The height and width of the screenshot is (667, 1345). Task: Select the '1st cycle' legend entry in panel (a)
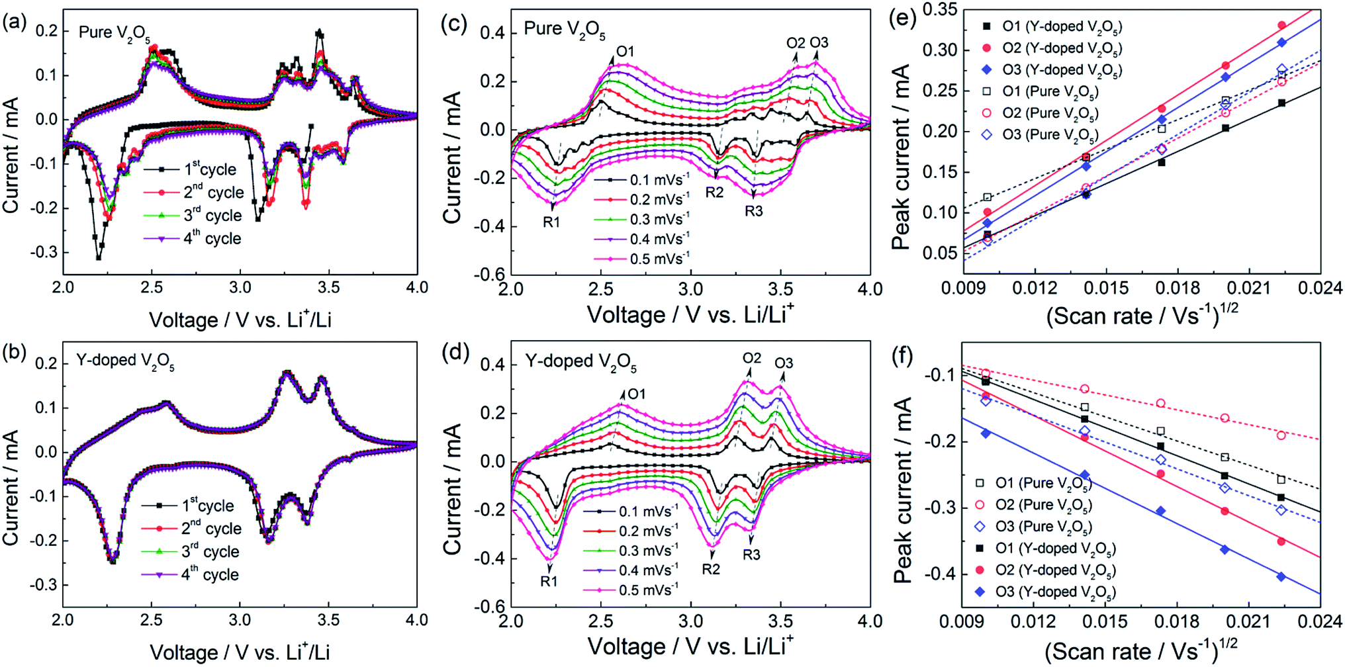pos(190,169)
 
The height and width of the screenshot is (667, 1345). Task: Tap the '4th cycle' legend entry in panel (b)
pos(190,574)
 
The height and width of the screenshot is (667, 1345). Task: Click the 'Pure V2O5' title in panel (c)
pos(565,30)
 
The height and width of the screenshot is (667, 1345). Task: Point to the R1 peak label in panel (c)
pos(551,222)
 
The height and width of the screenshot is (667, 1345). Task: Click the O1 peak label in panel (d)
pos(636,394)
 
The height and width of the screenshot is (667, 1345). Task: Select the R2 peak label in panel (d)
pos(711,569)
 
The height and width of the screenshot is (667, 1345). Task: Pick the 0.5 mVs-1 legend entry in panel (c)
pos(641,259)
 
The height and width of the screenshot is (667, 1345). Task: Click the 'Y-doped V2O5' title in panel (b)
pos(125,362)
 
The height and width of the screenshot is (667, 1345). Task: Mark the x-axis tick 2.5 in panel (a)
pos(152,288)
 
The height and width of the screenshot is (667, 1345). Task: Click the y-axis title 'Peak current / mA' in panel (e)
pos(901,157)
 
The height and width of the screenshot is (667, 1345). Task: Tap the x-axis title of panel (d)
pos(690,646)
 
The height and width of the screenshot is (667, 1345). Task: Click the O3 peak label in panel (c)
pos(819,43)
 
